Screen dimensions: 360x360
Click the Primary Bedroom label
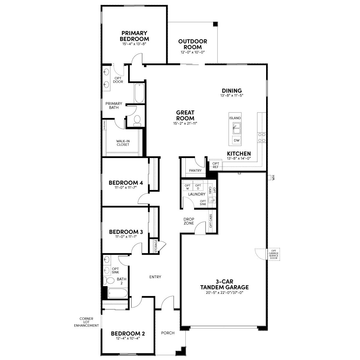coord(134,36)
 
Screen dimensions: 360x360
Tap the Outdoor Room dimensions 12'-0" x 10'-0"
coord(193,52)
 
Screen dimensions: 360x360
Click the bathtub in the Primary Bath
coord(139,93)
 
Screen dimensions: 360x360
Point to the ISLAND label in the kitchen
coord(235,118)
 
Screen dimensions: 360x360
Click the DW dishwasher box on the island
coord(236,140)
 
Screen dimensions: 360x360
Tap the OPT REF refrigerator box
coord(216,165)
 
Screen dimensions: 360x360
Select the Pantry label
coord(195,170)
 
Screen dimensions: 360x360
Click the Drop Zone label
coord(189,221)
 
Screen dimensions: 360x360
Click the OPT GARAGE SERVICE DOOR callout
coord(274,254)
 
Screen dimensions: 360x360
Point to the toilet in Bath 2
coord(109,280)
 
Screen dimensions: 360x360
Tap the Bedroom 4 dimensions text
coord(126,187)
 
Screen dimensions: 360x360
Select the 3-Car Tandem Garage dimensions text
coord(224,292)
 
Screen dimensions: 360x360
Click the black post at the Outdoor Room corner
coord(216,24)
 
